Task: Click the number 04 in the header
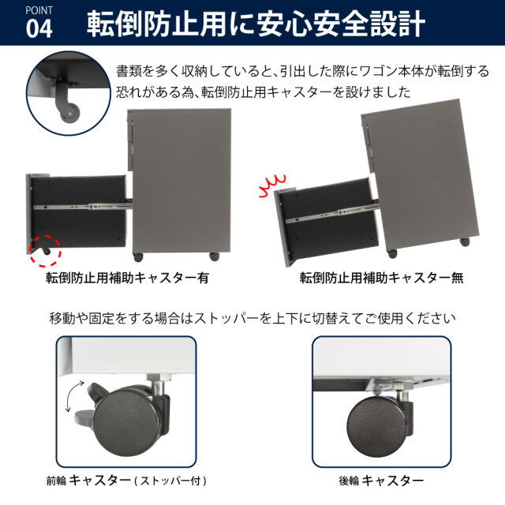click(x=39, y=29)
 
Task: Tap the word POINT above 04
click(x=39, y=10)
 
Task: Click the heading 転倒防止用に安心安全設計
click(x=256, y=24)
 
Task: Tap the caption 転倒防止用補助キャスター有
click(x=127, y=278)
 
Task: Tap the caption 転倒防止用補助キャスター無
click(x=381, y=278)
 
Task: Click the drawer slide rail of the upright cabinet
click(x=82, y=206)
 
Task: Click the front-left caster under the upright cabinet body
click(x=138, y=257)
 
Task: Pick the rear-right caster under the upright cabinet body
click(x=215, y=256)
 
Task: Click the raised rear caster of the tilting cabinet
click(x=465, y=242)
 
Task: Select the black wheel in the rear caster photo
click(x=376, y=426)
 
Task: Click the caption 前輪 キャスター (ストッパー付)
click(x=126, y=481)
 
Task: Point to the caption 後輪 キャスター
click(x=381, y=481)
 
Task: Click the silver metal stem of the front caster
click(x=158, y=384)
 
